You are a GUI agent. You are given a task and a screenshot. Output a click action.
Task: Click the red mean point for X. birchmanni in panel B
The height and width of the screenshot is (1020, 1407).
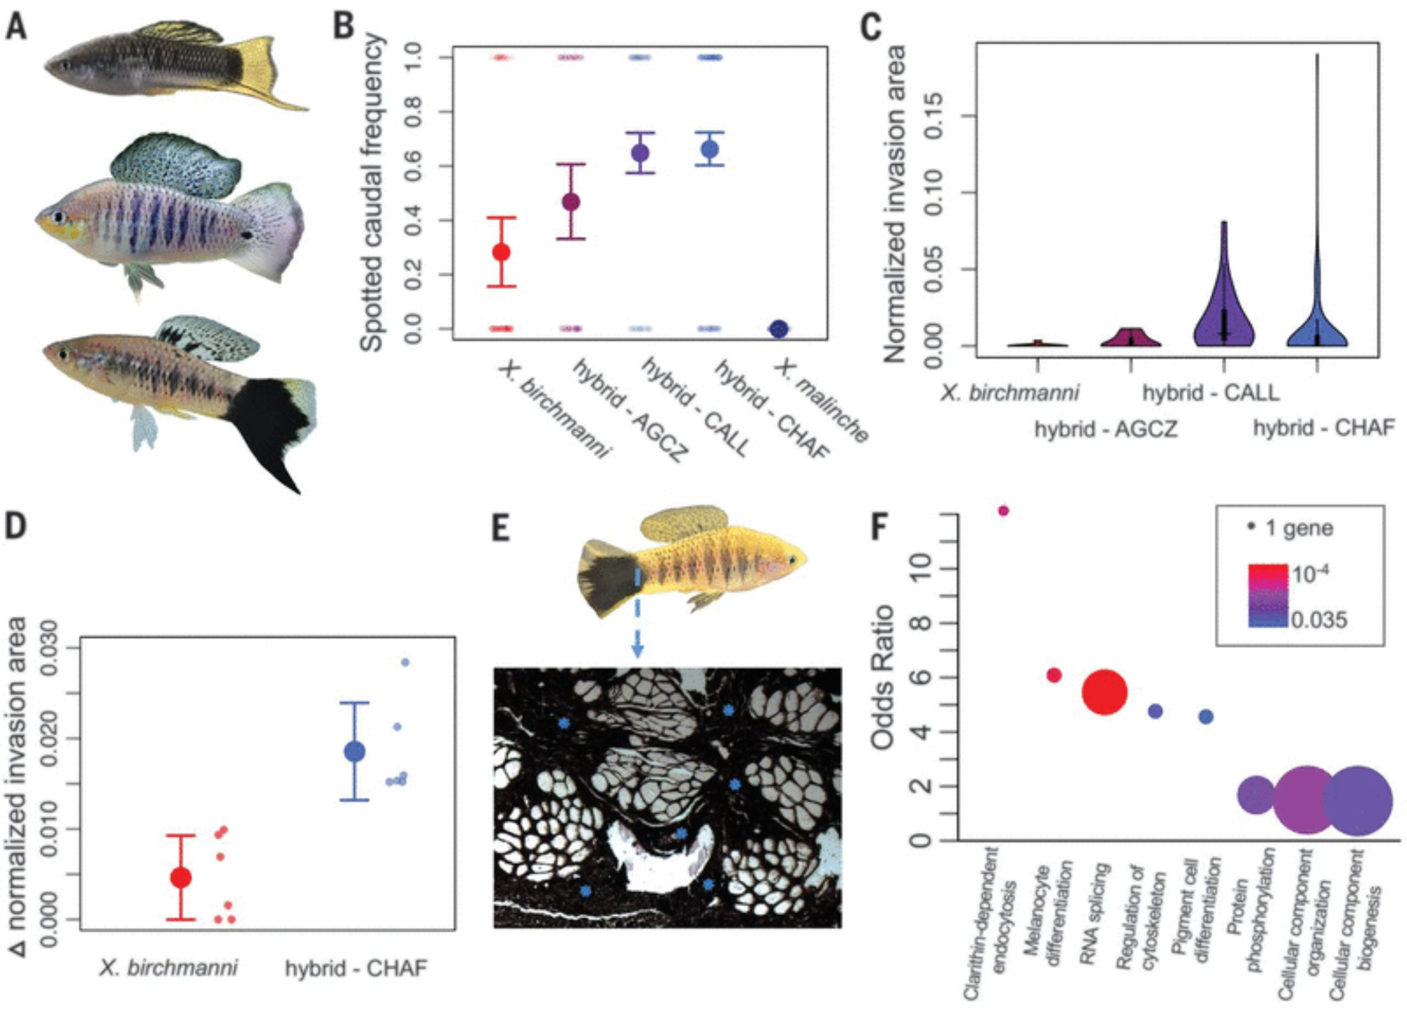click(x=501, y=252)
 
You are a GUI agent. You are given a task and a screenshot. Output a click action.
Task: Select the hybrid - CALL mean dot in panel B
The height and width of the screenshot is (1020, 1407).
click(x=640, y=153)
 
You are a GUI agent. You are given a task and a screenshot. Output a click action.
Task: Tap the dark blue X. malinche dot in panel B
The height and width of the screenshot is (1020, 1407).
click(x=779, y=329)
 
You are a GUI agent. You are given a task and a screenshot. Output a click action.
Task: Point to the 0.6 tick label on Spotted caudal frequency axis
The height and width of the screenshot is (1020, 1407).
click(x=413, y=166)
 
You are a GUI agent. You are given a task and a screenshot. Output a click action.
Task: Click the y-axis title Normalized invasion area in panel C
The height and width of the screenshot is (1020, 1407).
click(x=895, y=204)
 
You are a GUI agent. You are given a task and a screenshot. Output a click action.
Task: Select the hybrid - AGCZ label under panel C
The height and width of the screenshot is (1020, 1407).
click(x=1105, y=428)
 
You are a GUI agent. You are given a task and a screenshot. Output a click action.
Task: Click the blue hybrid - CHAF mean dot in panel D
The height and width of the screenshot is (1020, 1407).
click(x=355, y=751)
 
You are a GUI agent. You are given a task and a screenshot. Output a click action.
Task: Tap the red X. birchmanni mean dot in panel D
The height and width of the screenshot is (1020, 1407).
click(x=182, y=877)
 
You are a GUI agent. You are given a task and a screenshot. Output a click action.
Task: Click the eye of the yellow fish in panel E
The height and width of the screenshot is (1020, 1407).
click(x=793, y=560)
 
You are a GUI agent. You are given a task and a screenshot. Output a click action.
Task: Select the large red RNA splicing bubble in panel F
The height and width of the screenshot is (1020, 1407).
click(x=1104, y=692)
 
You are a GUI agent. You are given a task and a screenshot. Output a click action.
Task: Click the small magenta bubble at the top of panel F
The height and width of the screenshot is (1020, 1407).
click(x=1003, y=511)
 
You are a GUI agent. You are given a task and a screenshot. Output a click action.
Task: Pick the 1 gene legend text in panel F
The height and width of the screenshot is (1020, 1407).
click(x=1299, y=528)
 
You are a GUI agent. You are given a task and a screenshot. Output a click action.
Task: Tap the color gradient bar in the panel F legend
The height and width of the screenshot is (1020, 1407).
click(x=1268, y=595)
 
